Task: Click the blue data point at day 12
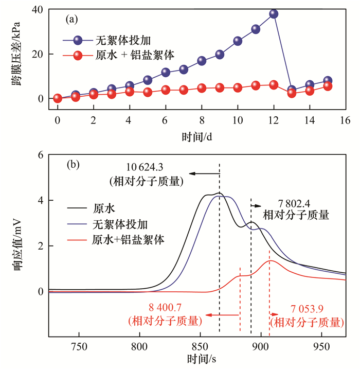coord(274,14)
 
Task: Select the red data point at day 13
coord(292,93)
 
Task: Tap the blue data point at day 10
coord(238,41)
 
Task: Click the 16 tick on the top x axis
coord(345,120)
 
